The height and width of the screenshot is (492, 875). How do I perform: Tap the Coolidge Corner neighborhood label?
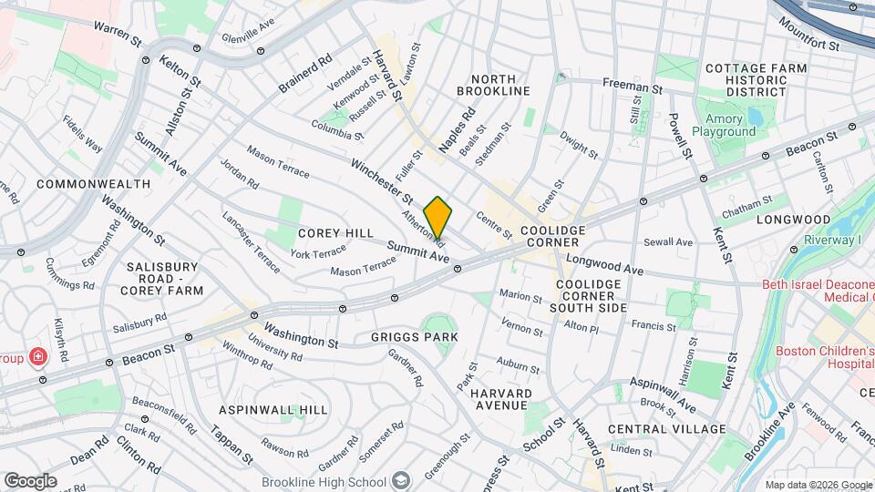tap(551, 236)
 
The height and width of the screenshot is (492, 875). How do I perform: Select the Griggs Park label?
tap(414, 337)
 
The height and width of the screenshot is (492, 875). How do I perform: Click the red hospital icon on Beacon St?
tap(40, 356)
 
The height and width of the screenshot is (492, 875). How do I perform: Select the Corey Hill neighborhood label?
tap(335, 233)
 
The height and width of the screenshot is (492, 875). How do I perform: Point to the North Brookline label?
tap(493, 85)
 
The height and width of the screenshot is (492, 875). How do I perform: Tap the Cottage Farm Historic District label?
tap(756, 79)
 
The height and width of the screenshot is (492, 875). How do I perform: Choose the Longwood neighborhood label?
tap(791, 220)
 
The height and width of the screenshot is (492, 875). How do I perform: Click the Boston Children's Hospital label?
tap(825, 356)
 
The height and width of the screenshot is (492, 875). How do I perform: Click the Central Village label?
tap(666, 429)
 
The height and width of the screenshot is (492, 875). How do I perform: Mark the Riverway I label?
tap(832, 240)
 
